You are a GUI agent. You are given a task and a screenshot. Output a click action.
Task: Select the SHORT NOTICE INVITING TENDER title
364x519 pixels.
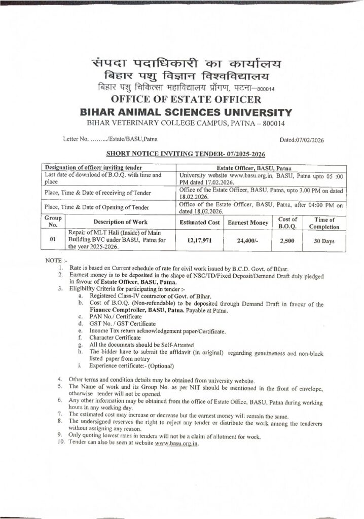click(x=186, y=153)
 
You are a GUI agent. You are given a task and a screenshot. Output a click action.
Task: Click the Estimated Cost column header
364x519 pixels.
click(x=199, y=223)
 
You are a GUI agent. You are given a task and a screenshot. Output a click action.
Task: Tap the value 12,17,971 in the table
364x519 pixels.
click(x=199, y=241)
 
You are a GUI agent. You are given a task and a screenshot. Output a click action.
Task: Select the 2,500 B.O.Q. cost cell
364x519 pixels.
click(x=287, y=241)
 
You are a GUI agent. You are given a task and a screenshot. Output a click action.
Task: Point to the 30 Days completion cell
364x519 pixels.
click(x=324, y=241)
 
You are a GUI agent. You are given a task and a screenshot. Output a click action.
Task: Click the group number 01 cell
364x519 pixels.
click(x=52, y=240)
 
